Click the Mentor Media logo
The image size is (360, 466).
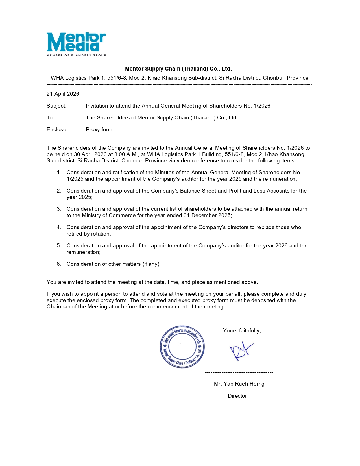pyautogui.click(x=76, y=44)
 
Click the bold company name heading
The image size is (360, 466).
pyautogui.click(x=178, y=69)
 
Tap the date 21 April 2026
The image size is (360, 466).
pyautogui.click(x=63, y=94)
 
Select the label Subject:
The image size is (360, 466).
pyautogui.click(x=56, y=106)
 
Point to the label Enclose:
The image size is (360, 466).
pyautogui.click(x=57, y=130)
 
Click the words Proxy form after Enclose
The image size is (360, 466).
pyautogui.click(x=99, y=130)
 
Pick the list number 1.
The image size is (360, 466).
pyautogui.click(x=59, y=173)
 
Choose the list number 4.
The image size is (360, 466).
pyautogui.click(x=59, y=227)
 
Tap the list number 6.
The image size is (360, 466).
pyautogui.click(x=59, y=264)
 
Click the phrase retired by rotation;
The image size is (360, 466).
pyautogui.click(x=89, y=234)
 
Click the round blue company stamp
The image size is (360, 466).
pyautogui.click(x=182, y=347)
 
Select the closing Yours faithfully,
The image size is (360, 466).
pyautogui.click(x=242, y=331)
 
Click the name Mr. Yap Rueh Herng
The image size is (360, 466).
pyautogui.click(x=239, y=384)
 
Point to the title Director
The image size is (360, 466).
pyautogui.click(x=237, y=396)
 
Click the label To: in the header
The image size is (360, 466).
pyautogui.click(x=51, y=118)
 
